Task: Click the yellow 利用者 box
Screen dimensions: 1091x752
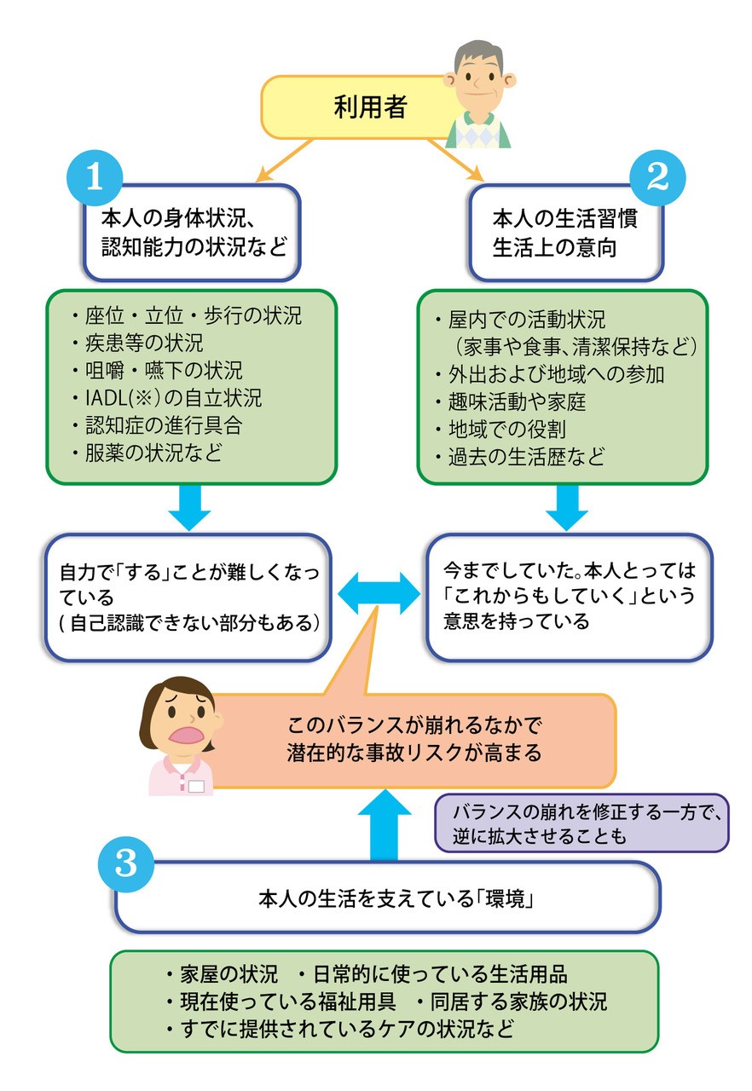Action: tap(358, 107)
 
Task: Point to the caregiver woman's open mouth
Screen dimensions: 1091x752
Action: tap(185, 735)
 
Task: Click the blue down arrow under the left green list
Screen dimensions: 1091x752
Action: tap(189, 509)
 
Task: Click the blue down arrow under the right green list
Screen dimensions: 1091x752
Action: tap(566, 509)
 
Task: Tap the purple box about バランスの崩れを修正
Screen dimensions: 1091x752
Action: tap(583, 823)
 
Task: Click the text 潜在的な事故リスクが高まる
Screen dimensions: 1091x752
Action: tap(415, 753)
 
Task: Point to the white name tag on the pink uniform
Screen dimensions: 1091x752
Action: tap(197, 786)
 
